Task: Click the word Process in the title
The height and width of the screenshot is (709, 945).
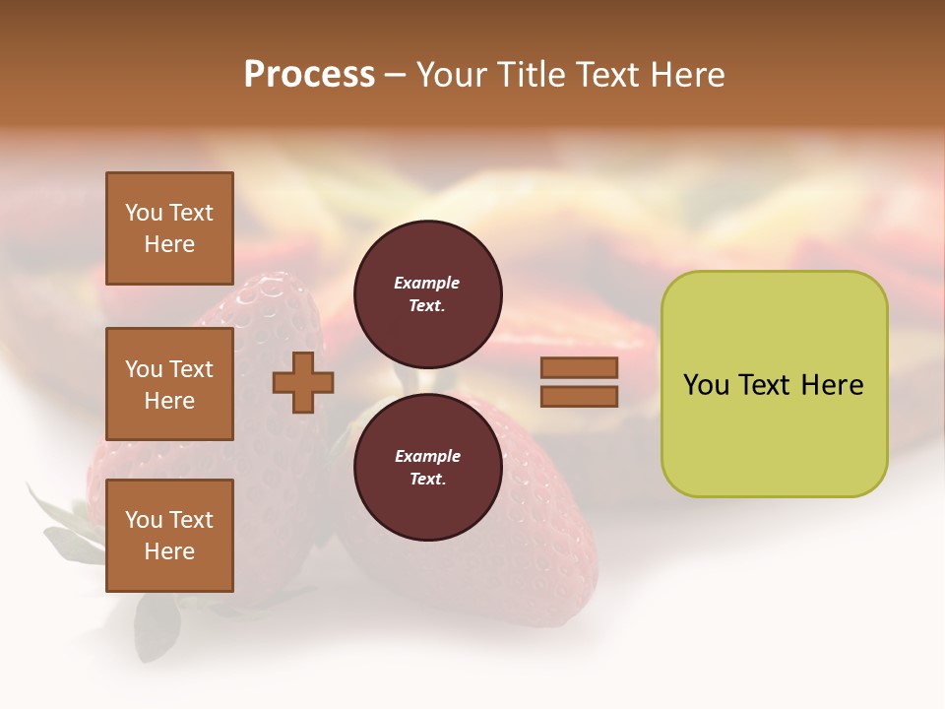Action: pos(309,75)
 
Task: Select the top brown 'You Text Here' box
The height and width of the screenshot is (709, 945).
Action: pos(169,228)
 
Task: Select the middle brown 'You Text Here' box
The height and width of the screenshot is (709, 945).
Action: pos(169,384)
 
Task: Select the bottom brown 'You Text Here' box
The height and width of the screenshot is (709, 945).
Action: pos(169,536)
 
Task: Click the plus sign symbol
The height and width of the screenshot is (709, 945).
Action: pos(303,383)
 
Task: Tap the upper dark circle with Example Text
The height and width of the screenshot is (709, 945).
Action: pos(427,293)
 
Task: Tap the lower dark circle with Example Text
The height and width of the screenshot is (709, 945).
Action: pos(427,467)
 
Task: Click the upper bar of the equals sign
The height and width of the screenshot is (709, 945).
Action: pos(579,368)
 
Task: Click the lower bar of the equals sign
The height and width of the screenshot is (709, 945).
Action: pos(579,396)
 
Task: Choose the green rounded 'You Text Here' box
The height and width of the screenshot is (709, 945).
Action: pos(774,384)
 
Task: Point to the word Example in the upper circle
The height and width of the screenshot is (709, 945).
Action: pos(427,283)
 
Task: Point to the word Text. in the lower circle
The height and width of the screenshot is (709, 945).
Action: pos(427,479)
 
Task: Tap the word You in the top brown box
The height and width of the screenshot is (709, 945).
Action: pos(143,213)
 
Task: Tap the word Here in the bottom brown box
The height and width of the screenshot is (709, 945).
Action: pos(169,551)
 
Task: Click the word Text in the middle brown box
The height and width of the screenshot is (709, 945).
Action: pos(190,369)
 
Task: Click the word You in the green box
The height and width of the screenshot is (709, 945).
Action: pos(706,385)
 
